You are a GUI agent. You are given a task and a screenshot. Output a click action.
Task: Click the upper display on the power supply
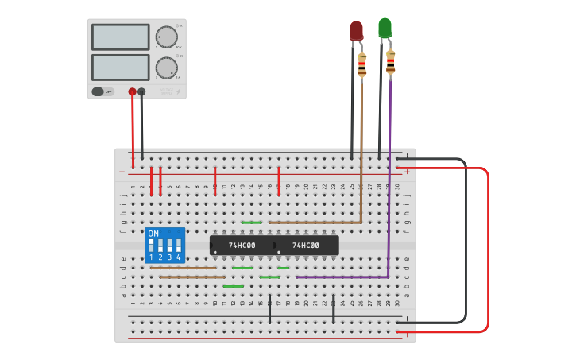click(120, 37)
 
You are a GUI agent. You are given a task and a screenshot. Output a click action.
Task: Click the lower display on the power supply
click(120, 67)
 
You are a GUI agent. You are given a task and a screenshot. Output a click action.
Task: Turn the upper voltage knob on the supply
click(166, 37)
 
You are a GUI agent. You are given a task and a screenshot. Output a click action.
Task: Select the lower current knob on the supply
click(166, 68)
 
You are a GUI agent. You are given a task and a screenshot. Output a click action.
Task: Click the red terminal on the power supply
click(132, 91)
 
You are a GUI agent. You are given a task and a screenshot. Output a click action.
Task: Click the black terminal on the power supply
click(141, 91)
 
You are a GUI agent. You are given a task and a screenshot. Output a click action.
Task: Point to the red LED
click(356, 31)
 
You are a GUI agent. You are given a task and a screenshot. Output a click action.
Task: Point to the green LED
click(385, 28)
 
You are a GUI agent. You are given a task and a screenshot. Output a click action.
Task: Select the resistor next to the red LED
click(362, 65)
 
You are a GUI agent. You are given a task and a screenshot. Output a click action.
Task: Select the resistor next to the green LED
click(390, 62)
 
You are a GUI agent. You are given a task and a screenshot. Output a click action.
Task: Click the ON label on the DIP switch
click(153, 234)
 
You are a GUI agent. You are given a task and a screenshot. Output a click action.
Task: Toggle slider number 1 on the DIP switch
click(151, 246)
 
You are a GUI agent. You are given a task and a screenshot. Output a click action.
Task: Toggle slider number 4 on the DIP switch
click(179, 246)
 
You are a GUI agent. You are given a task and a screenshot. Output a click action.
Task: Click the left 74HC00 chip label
click(242, 246)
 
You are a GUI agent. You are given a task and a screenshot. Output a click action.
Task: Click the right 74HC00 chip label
click(305, 246)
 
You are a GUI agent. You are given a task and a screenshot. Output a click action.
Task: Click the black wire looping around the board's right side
click(465, 238)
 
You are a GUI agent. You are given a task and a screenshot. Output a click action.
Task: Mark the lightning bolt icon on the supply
click(178, 91)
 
